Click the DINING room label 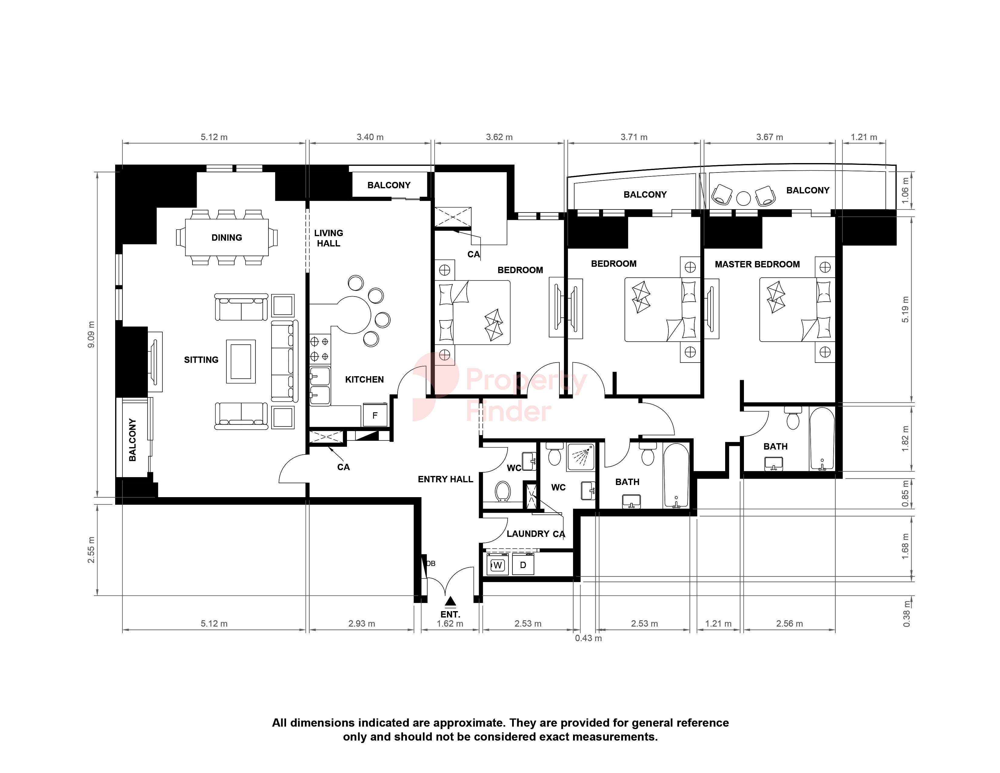pyautogui.click(x=227, y=238)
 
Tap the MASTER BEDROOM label pyautogui.click(x=757, y=264)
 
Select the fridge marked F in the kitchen pyautogui.click(x=375, y=415)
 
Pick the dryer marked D pyautogui.click(x=523, y=565)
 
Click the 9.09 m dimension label pyautogui.click(x=91, y=334)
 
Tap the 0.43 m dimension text pyautogui.click(x=588, y=638)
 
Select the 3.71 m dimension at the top pyautogui.click(x=634, y=137)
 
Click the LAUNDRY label pyautogui.click(x=528, y=534)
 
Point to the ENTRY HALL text pyautogui.click(x=445, y=479)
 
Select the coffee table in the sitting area pyautogui.click(x=241, y=361)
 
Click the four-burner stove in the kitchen pyautogui.click(x=320, y=349)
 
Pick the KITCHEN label pyautogui.click(x=365, y=380)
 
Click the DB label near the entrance pyautogui.click(x=431, y=563)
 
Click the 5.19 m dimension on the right pyautogui.click(x=905, y=310)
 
